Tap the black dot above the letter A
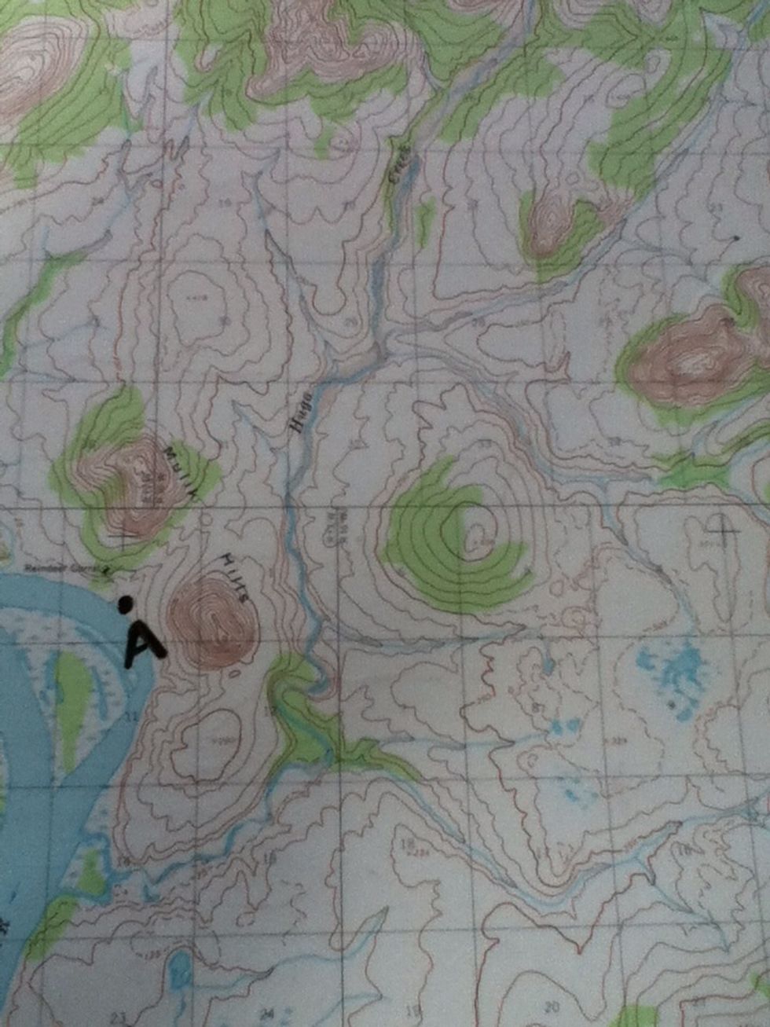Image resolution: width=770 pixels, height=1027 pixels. (x=124, y=603)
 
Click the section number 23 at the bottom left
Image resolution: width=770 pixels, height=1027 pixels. (x=118, y=1018)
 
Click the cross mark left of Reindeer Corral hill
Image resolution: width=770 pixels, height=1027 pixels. (x=124, y=537)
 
